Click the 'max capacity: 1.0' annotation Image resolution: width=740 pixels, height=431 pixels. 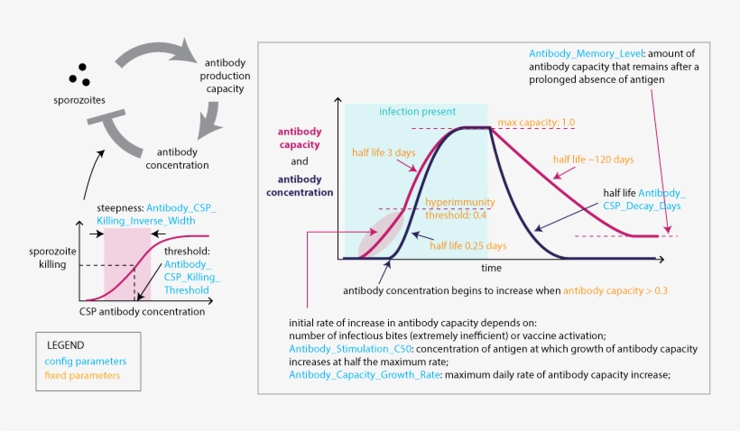[x=535, y=122]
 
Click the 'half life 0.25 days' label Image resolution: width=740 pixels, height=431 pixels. [x=467, y=245]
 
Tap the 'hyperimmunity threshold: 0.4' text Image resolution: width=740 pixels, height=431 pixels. [x=459, y=208]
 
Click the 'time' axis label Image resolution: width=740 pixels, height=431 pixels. [x=491, y=268]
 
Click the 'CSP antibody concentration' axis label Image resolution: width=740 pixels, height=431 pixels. [x=143, y=313]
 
